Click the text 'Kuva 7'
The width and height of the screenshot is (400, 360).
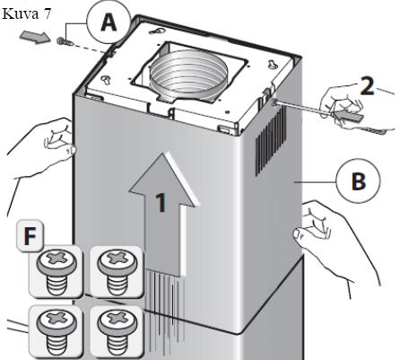[26, 13]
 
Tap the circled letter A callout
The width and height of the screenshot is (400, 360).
[109, 22]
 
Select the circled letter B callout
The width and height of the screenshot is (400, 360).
[358, 181]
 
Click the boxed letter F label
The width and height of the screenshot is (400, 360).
[30, 236]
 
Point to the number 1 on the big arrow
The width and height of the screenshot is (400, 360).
[161, 203]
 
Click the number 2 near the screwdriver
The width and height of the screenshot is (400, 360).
[367, 86]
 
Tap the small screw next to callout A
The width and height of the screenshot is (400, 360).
[65, 41]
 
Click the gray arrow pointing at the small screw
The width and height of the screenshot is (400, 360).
[35, 38]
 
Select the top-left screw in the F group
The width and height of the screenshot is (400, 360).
[56, 272]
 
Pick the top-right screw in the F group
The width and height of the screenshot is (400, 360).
[117, 272]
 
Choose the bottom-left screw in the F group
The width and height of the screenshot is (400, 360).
[56, 332]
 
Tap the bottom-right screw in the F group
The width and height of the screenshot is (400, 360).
[117, 332]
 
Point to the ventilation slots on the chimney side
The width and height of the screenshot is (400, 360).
[271, 142]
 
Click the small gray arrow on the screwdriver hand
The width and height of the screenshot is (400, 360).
[348, 115]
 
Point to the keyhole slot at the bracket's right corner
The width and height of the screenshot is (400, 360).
[273, 63]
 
